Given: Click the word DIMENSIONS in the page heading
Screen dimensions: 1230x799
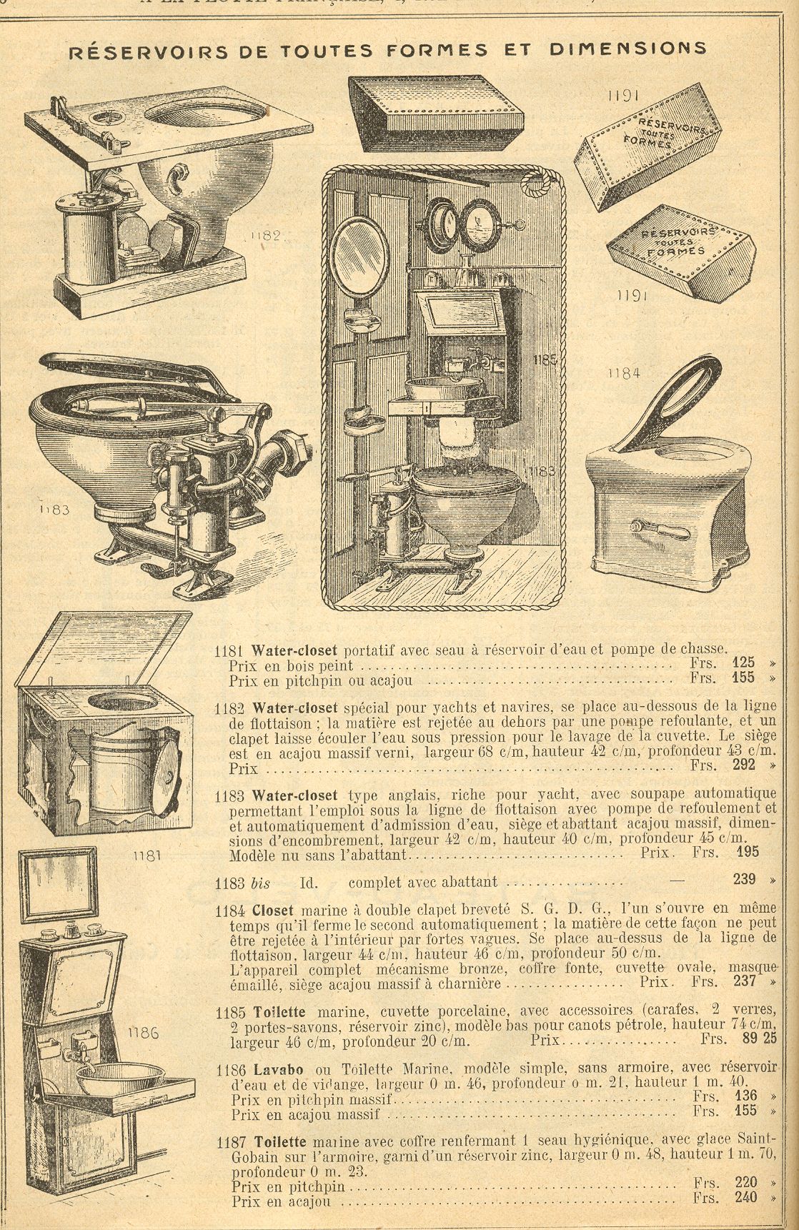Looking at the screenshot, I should point(628,49).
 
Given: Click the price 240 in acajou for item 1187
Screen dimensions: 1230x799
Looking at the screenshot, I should point(745,1198).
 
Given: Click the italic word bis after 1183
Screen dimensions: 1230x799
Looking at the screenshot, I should point(261,883).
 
